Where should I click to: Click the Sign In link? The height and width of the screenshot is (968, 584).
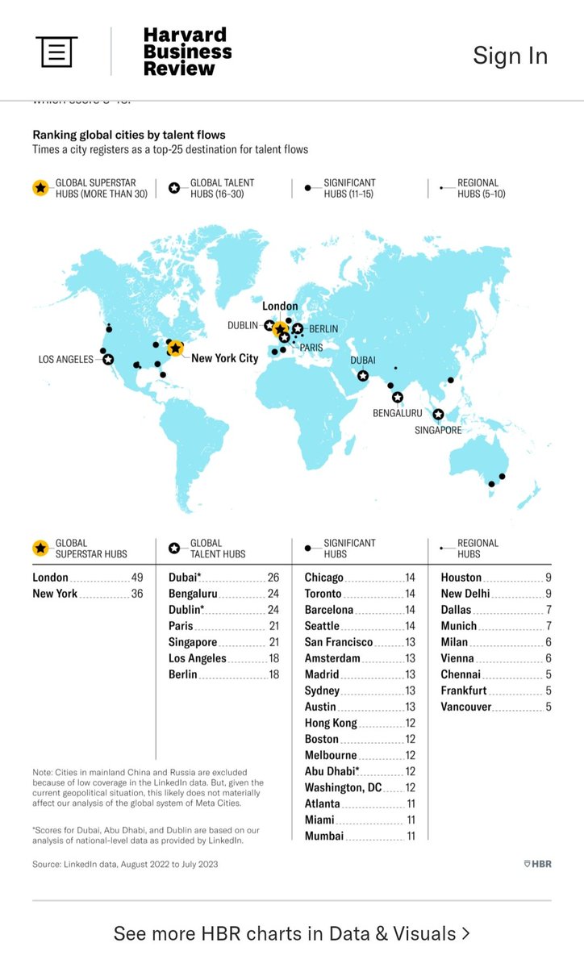click(510, 55)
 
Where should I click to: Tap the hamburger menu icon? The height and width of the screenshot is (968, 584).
click(56, 52)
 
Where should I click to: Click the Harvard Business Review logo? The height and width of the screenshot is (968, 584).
click(187, 52)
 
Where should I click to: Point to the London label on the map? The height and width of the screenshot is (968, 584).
click(280, 307)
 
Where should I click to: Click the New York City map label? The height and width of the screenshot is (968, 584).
click(224, 358)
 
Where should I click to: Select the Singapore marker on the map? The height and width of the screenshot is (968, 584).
click(439, 415)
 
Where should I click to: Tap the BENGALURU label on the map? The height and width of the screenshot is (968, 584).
click(398, 412)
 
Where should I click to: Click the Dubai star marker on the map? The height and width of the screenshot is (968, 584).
click(363, 376)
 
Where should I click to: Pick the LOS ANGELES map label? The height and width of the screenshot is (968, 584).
click(66, 359)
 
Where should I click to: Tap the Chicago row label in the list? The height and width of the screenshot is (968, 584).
click(324, 578)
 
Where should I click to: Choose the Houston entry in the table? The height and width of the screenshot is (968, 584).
click(461, 578)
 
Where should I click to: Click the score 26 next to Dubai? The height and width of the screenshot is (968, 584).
click(273, 578)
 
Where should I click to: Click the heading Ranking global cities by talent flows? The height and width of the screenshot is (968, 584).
click(129, 135)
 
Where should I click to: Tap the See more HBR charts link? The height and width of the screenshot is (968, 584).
click(291, 933)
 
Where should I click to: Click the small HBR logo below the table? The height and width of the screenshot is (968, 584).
click(536, 864)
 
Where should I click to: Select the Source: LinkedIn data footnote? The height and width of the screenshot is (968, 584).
click(125, 864)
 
